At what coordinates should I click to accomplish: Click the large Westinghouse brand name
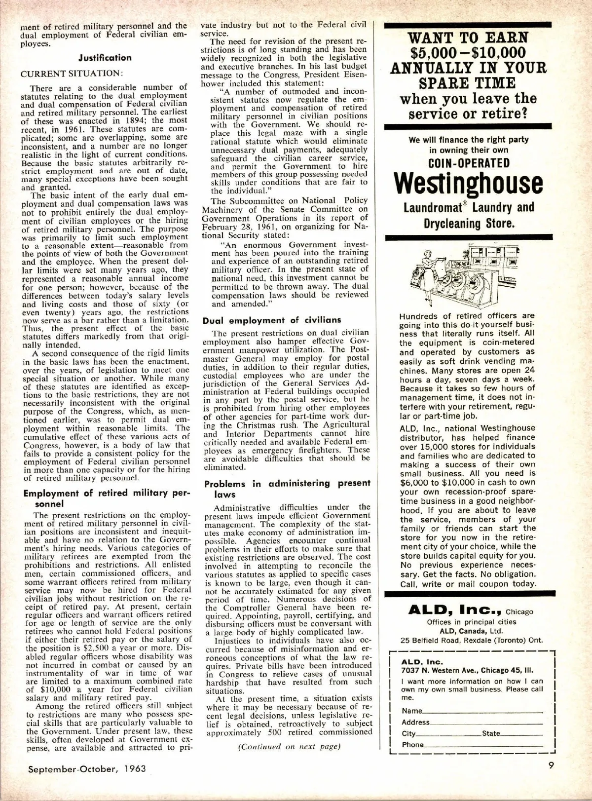point(469,184)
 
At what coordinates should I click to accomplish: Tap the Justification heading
point(105,58)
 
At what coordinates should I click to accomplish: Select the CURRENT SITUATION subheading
point(71,73)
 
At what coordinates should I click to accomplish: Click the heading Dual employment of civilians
point(272,320)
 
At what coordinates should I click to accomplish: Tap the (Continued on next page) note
point(289,746)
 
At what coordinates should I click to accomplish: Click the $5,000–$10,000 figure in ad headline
point(468,53)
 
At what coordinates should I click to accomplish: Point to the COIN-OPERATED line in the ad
point(468,163)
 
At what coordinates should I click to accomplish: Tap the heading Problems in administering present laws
point(287,489)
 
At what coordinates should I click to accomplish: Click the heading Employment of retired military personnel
point(106,498)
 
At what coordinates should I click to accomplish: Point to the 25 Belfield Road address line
point(472,640)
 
